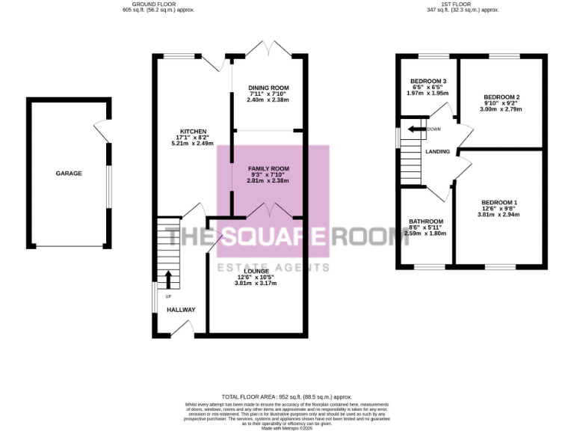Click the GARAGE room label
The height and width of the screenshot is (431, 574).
(69, 174)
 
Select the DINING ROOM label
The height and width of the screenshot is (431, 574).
(267, 88)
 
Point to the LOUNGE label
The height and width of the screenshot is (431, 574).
(256, 271)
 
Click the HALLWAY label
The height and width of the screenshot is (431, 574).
(181, 310)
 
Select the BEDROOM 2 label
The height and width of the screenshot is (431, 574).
(501, 97)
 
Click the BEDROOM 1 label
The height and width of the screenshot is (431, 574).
(499, 203)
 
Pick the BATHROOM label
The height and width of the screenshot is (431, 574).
(425, 221)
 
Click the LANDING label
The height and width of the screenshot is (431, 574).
(437, 152)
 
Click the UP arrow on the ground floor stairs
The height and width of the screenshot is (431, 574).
(167, 280)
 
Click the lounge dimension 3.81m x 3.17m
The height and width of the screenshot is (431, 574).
(256, 284)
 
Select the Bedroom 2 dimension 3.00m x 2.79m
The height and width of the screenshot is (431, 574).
(501, 109)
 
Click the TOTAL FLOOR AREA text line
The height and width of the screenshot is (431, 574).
(287, 397)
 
